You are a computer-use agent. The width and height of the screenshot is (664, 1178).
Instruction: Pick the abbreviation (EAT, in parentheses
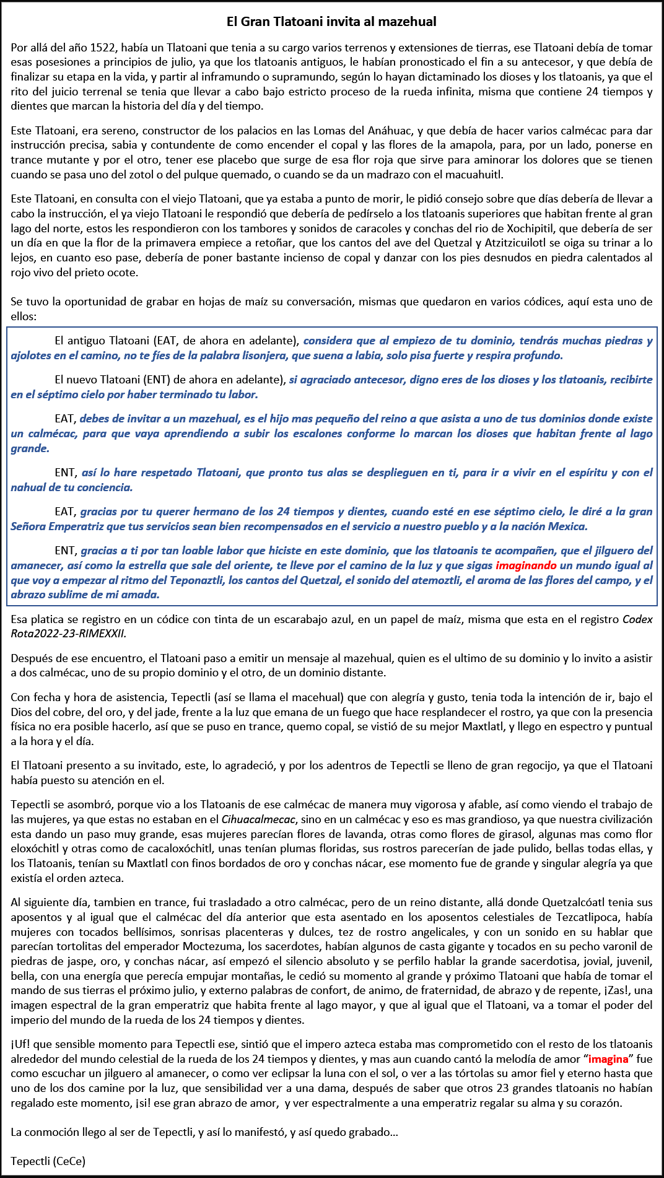(165, 341)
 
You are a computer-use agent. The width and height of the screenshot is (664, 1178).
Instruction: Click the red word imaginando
(526, 565)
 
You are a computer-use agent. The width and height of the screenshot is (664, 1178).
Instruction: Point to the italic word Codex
(637, 619)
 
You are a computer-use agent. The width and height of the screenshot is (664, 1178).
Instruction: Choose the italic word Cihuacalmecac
(258, 819)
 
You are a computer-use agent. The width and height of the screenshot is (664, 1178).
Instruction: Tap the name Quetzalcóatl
(572, 902)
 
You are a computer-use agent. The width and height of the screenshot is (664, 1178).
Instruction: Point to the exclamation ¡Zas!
(618, 990)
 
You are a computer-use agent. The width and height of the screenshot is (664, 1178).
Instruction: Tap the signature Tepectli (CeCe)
(48, 1161)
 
